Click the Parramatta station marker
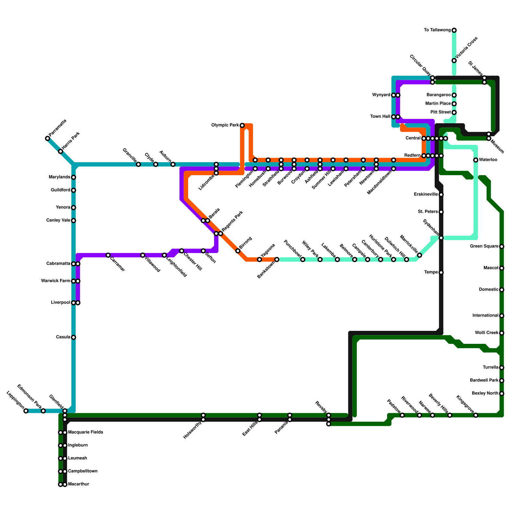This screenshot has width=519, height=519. coord(48,139)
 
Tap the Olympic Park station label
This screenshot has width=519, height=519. coord(225,125)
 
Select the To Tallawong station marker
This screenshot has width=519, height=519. coord(454,30)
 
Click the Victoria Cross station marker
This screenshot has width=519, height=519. coord(454,61)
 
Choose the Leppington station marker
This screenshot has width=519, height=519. coord(26,411)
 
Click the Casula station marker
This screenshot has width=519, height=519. coord(74,337)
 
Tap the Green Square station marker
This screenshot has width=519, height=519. coord(502,247)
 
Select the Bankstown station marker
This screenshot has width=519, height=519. coord(277,259)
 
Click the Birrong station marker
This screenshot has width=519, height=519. coord(238,251)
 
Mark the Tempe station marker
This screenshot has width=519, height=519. coord(441,272)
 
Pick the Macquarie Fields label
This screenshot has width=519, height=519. coord(85,432)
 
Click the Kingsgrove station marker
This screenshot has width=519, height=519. coord(476,415)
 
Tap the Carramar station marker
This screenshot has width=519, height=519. coord(108,255)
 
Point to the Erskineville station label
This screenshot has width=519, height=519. coord(426,195)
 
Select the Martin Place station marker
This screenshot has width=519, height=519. coord(454,104)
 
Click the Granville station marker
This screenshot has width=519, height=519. coord(139,164)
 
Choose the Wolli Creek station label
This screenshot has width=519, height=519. coord(486,333)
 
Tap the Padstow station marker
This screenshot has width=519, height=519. coord(402,415)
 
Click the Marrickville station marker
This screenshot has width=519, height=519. coord(419,255)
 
